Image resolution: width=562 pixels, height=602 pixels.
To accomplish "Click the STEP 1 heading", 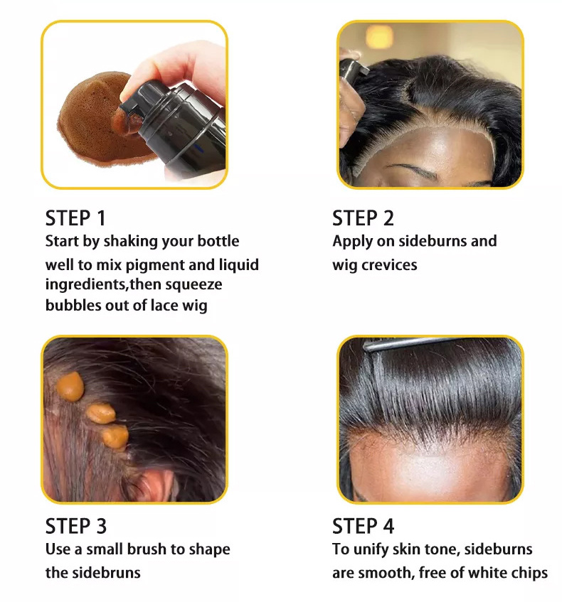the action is click(75, 218).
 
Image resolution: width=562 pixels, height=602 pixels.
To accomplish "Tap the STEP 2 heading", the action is click(364, 218).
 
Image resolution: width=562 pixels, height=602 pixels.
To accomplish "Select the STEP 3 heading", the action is click(75, 526).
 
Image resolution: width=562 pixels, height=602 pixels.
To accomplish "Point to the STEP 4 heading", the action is click(364, 526).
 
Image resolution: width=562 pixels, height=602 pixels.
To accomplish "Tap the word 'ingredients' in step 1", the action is click(85, 285).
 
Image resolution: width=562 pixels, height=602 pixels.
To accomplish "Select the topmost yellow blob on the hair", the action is click(70, 387).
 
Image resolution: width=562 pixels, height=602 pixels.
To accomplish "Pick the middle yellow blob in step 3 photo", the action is click(101, 414).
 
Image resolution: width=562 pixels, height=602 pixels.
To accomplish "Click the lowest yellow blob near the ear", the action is click(115, 437).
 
